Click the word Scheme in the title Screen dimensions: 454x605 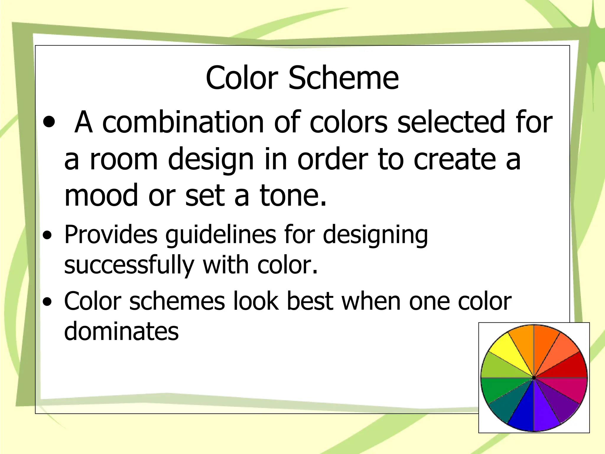pyautogui.click(x=343, y=78)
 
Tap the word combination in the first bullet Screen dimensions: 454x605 pyautogui.click(x=183, y=122)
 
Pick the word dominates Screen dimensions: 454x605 pyautogui.click(x=121, y=331)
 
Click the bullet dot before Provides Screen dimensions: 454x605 pyautogui.click(x=47, y=236)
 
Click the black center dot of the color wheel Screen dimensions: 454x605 pyautogui.click(x=534, y=378)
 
